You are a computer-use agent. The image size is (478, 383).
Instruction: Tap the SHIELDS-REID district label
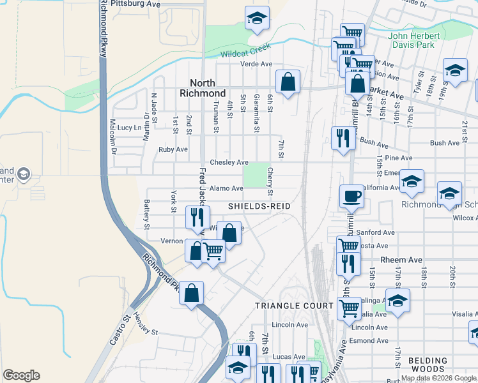[259, 206]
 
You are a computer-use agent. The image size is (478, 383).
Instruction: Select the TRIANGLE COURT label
[294, 306]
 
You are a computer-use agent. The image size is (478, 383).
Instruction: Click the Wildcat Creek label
[246, 50]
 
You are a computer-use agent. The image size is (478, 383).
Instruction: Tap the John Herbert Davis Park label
[414, 40]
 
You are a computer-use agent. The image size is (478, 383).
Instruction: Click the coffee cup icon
[350, 196]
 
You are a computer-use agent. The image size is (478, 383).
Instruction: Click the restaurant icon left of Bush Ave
[343, 138]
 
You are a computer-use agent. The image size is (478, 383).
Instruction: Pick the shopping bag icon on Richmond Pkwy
[191, 294]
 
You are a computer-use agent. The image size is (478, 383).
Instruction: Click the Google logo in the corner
[21, 375]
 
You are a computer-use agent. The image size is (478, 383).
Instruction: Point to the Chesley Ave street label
[229, 163]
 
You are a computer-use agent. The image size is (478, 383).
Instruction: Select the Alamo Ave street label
[226, 188]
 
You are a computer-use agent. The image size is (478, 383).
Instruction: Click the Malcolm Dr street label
[112, 137]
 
